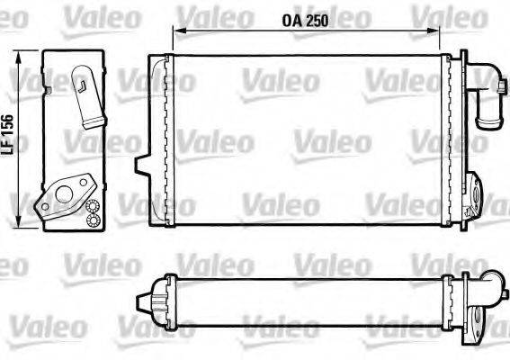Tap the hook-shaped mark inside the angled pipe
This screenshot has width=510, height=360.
[x=82, y=85]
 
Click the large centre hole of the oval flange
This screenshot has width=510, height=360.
[x=64, y=190]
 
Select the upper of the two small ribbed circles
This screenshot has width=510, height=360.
[x=93, y=207]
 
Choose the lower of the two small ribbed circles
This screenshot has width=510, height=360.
[x=93, y=220]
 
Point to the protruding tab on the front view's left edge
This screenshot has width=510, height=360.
[x=141, y=165]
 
